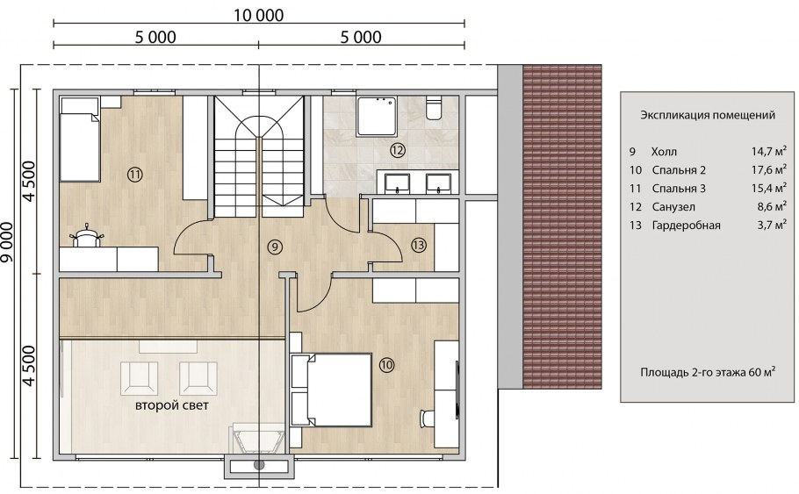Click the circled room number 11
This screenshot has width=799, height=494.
pos(134,175)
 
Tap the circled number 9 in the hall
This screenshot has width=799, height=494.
pos(275,247)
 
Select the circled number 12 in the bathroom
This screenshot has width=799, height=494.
pos(398,150)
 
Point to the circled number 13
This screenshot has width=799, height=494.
pos(418,245)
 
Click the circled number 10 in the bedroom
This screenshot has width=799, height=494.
pos(386,365)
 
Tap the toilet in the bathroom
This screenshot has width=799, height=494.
pos(434,107)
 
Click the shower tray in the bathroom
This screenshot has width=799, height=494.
pos(378,117)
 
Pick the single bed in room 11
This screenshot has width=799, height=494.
pos(80,140)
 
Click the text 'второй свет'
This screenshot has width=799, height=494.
pos(172,406)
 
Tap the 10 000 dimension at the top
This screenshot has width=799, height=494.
pos(259,15)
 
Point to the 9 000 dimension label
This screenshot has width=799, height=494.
pos(7,242)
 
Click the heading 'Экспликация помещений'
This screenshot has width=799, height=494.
pos(708,115)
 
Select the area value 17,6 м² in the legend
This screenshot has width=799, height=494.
pos(769,169)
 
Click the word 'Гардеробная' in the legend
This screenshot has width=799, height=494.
pos(686,226)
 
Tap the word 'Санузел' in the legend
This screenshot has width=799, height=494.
pos(673,207)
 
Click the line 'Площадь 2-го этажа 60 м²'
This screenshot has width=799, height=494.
pos(708,372)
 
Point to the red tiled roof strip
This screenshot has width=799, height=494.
pos(562,226)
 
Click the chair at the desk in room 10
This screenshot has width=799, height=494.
pos(427,419)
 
